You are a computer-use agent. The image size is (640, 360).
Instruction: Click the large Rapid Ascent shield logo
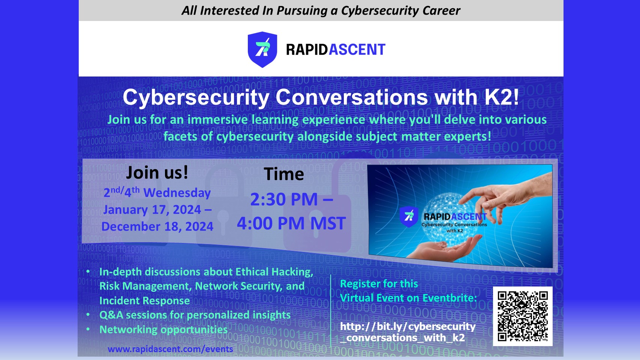click(x=262, y=49)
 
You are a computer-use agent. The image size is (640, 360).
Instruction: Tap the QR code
click(x=523, y=316)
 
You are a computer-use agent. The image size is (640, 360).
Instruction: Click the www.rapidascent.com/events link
click(x=170, y=349)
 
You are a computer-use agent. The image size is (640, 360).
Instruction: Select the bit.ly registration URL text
click(x=408, y=332)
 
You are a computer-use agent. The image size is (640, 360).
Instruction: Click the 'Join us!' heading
click(x=157, y=172)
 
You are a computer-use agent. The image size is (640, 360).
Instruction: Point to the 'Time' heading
click(x=284, y=174)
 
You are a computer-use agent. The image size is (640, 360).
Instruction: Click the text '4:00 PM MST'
click(x=291, y=223)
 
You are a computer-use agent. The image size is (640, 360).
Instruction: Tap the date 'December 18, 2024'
click(x=157, y=226)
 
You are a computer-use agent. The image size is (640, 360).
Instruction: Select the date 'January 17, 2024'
click(x=152, y=210)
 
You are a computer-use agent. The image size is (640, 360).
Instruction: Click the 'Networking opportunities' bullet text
click(x=163, y=330)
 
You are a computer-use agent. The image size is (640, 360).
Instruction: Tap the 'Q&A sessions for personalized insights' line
click(x=195, y=315)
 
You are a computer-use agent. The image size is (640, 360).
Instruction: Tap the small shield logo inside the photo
click(x=409, y=217)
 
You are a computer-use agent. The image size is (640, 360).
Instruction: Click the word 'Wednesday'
click(x=177, y=193)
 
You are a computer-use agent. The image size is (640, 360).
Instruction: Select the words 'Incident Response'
click(x=145, y=301)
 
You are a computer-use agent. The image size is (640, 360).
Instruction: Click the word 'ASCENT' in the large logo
click(x=357, y=50)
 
